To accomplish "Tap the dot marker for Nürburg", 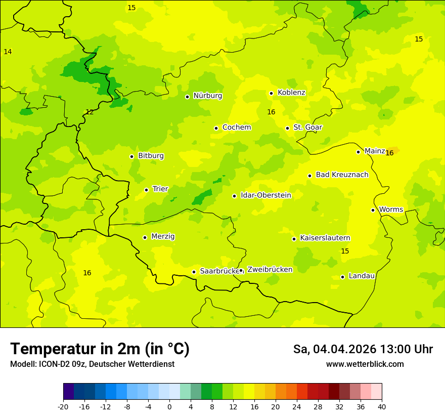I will [187, 97].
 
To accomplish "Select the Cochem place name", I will [236, 128].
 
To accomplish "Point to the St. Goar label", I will [307, 128].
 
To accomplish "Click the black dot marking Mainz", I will [358, 152].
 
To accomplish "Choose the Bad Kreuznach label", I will [342, 175].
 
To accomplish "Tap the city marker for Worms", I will [373, 210].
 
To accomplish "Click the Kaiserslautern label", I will [325, 238].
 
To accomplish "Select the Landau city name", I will [362, 276].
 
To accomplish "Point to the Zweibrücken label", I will [270, 270].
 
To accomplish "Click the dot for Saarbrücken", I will [194, 272].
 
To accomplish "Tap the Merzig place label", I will [163, 237].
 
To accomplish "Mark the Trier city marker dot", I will [146, 190].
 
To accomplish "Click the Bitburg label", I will [151, 156].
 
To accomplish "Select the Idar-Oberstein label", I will [265, 195].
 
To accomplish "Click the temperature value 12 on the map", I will [90, 112].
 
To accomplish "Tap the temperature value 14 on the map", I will [8, 52].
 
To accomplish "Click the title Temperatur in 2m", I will [100, 349].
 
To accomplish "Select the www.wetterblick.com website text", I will [365, 364].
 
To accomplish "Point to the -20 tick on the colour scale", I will [63, 406].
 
